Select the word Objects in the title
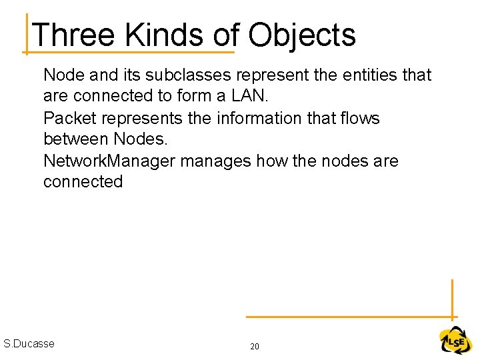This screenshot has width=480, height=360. [x=302, y=36]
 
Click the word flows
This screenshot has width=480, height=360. [x=358, y=119]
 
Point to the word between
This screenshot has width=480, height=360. [x=76, y=139]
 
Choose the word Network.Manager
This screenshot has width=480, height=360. [x=110, y=161]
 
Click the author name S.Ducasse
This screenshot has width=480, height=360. [x=29, y=344]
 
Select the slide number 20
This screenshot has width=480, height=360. [x=255, y=347]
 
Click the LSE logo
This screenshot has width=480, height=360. [x=455, y=341]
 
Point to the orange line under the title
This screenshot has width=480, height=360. [x=130, y=51]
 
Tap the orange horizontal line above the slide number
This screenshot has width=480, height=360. [x=347, y=317]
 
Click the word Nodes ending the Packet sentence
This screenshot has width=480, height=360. [x=142, y=139]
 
